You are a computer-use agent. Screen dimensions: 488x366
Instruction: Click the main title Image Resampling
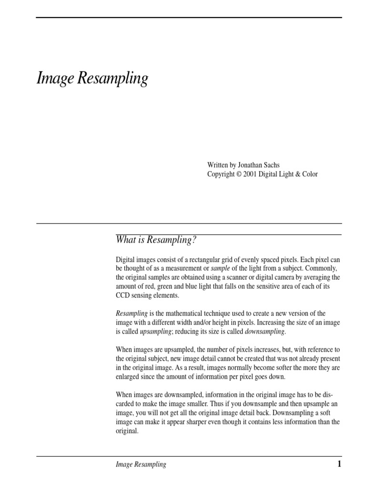pos(92,79)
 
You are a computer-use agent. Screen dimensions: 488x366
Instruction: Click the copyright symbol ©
pos(239,174)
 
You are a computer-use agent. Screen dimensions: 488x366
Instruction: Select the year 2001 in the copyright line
pos(250,174)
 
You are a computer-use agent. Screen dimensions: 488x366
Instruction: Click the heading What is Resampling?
pos(156,240)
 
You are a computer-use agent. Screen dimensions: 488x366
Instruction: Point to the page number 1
pos(339,464)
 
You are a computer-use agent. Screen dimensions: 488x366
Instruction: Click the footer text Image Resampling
pos(141,465)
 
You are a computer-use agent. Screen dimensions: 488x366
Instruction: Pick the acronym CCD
pos(123,295)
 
